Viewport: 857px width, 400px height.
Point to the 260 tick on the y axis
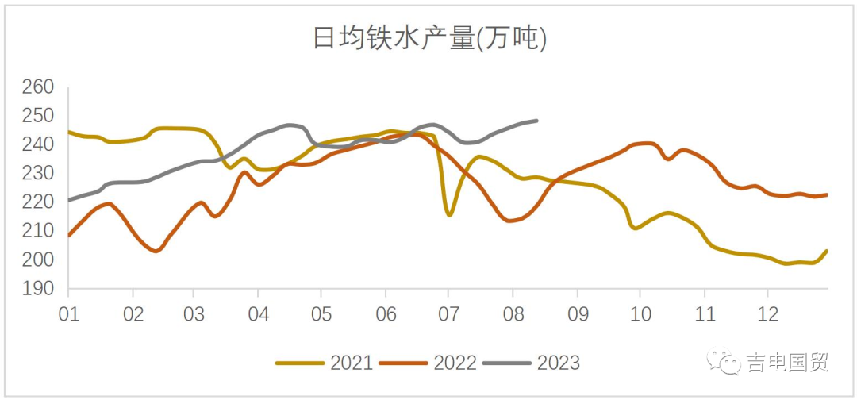point(37,87)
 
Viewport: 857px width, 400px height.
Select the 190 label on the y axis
point(37,290)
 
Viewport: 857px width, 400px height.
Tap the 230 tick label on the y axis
point(37,174)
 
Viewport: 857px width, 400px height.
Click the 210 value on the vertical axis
point(37,232)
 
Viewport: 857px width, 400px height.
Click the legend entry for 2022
point(428,363)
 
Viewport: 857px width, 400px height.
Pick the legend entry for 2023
point(531,363)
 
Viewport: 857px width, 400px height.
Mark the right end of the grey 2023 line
point(537,121)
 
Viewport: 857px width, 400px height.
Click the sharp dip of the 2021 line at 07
point(449,215)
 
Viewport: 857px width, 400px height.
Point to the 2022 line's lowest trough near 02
point(156,251)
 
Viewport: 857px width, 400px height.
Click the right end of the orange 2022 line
point(827,194)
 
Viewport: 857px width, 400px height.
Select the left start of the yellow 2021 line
point(69,132)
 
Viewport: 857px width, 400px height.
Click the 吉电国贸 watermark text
point(786,363)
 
